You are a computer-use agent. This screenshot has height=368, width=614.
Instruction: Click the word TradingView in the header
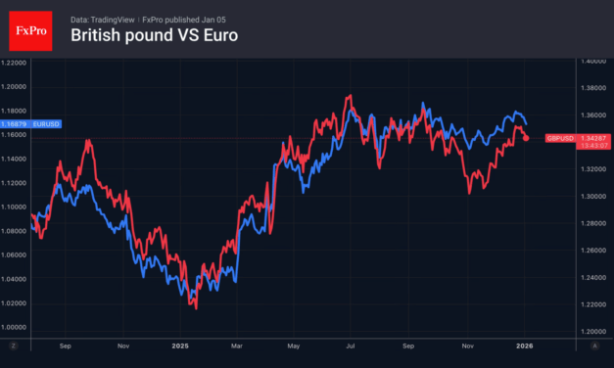116,19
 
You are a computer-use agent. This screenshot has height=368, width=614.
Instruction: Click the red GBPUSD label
559,138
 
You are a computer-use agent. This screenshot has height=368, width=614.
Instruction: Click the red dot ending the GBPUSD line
527,138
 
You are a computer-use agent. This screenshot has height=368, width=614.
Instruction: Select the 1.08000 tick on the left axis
14,231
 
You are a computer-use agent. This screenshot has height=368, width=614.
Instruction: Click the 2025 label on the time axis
179,346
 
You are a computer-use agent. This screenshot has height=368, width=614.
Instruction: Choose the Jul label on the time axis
351,346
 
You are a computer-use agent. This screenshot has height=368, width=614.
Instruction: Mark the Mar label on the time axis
236,346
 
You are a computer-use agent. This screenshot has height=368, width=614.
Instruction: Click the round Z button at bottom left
14,346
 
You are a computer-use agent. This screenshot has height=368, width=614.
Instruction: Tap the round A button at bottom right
593,346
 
